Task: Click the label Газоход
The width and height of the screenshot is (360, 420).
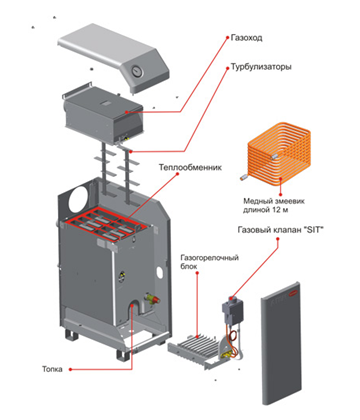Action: coord(247,38)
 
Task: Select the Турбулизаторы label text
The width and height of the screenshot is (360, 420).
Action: coord(261,67)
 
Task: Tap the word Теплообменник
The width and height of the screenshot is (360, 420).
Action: coord(190,167)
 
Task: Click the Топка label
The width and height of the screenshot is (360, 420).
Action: coord(52,369)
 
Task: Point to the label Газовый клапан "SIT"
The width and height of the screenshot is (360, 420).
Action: coord(281,230)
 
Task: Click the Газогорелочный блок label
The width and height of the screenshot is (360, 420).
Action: coord(210,262)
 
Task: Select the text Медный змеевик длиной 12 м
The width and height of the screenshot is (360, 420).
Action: coord(274,206)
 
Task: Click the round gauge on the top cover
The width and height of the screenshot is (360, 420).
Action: coord(136,71)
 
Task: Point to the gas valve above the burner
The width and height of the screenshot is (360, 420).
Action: coord(232,311)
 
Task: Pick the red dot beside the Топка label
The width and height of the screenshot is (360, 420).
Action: coord(70,369)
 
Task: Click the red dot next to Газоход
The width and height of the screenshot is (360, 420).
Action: coord(228,37)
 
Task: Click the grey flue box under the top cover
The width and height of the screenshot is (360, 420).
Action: coord(102,114)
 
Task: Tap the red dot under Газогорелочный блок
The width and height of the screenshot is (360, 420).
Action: coord(197,273)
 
